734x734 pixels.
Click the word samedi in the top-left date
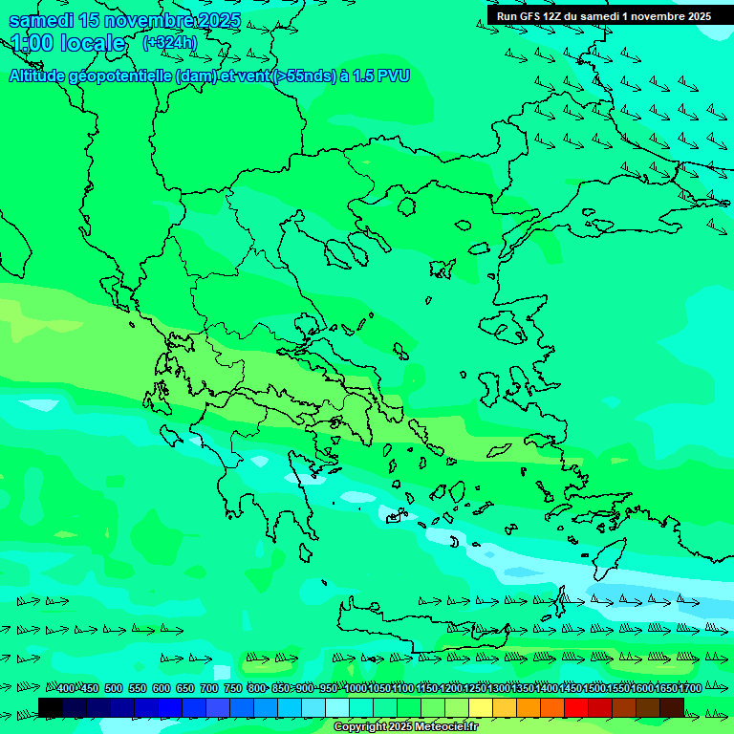42,21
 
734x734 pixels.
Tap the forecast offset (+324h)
169,43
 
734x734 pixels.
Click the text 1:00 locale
68,43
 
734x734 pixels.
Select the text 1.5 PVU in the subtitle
379,76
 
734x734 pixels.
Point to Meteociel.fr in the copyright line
443,727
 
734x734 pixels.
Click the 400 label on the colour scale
66,688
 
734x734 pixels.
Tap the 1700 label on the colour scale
690,688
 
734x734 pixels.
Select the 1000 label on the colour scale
356,688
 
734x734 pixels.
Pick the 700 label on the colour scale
209,688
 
